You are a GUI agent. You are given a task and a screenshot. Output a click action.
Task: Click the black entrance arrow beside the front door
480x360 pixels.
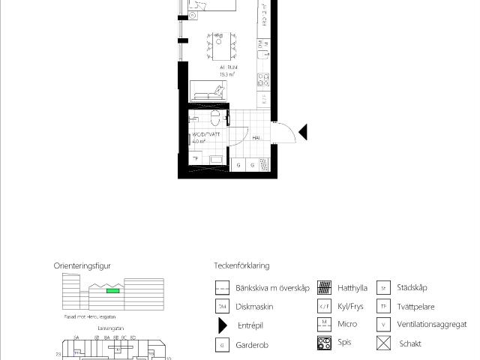coord(303,133)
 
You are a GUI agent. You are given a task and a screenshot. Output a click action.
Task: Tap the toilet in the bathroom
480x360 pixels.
coord(215,118)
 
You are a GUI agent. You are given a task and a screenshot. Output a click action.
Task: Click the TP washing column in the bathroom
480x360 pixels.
coord(196,158)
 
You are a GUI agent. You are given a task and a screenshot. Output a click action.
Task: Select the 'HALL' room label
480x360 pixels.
coord(256,138)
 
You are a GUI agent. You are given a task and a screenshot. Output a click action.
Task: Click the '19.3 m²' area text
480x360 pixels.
coord(227,75)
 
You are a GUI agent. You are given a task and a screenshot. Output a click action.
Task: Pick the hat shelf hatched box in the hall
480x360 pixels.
coord(264,165)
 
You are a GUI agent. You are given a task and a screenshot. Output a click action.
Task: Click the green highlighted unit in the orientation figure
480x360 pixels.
coord(112,290)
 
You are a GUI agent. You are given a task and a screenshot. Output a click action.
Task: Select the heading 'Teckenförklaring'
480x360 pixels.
coord(241,265)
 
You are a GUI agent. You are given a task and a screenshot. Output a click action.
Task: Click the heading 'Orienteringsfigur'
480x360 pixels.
coord(82,265)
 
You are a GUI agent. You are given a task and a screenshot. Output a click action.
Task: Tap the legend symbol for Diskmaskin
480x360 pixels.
coord(222,307)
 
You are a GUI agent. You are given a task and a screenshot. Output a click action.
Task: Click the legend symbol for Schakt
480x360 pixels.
coord(384,344)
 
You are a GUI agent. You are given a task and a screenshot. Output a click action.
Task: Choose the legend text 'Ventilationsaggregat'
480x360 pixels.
coord(432,325)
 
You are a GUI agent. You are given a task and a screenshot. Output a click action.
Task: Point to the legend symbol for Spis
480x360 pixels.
coord(325,343)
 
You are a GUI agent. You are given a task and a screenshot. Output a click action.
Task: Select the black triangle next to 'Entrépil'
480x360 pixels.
coord(222,325)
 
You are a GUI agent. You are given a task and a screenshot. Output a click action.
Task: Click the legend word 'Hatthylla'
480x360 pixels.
coord(352,287)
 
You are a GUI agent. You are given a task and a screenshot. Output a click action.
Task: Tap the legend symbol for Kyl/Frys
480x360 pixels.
coord(325,307)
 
